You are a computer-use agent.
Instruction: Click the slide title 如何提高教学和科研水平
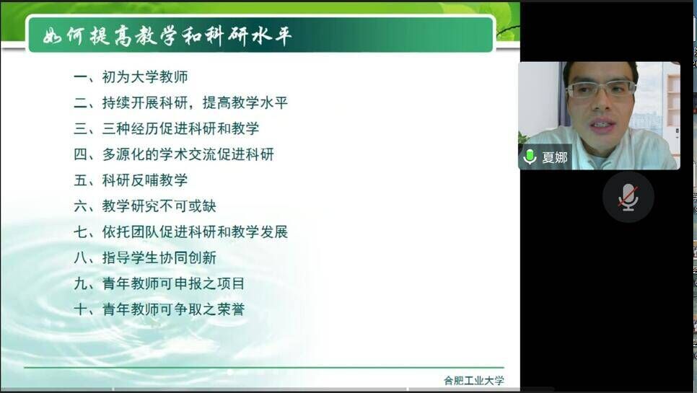pos(167,35)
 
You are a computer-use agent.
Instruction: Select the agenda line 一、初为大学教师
pos(131,77)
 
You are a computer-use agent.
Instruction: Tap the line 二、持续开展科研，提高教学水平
pos(180,102)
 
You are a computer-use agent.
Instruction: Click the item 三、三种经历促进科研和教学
pos(166,128)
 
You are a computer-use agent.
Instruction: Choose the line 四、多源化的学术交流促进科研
pos(173,154)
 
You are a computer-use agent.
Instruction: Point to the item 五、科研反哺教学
pos(131,180)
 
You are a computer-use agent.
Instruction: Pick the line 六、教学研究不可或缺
pos(145,206)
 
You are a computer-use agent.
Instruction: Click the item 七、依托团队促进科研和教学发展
pos(180,231)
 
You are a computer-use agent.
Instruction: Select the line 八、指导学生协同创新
pos(145,257)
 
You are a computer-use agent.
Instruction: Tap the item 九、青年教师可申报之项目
pos(159,283)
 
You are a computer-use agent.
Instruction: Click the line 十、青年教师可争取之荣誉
pos(159,309)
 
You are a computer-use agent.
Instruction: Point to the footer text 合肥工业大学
pos(474,381)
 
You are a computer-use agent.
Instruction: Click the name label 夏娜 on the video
pos(555,157)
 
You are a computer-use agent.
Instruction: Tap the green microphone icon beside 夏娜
pos(530,156)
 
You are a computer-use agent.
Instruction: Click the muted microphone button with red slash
pos(628,197)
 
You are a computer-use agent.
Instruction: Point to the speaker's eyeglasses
pos(601,89)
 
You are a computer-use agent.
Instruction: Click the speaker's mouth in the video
pos(602,124)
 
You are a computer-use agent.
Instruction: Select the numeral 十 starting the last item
pos(81,309)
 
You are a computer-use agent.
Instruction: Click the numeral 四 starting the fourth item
pos(81,154)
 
